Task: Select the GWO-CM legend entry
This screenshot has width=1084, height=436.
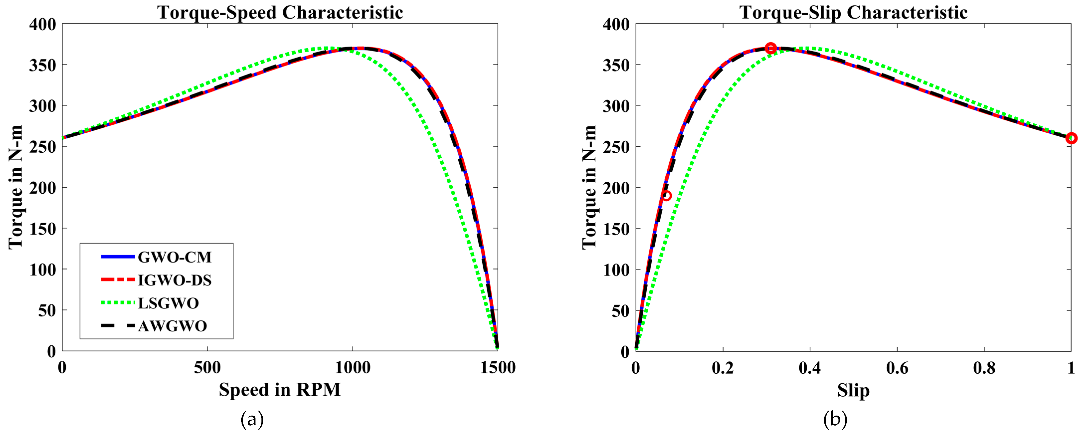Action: pos(174,257)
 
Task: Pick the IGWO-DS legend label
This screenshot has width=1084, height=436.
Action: pos(174,280)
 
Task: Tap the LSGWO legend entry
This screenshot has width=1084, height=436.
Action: pos(168,303)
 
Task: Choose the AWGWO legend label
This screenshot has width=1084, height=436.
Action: pos(172,326)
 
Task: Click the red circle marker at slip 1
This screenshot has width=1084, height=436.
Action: pos(1071,138)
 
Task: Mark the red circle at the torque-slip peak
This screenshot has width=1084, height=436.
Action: pos(770,48)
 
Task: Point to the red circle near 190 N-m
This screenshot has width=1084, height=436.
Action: pos(666,195)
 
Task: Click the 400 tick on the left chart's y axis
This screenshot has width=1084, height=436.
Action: pos(43,24)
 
